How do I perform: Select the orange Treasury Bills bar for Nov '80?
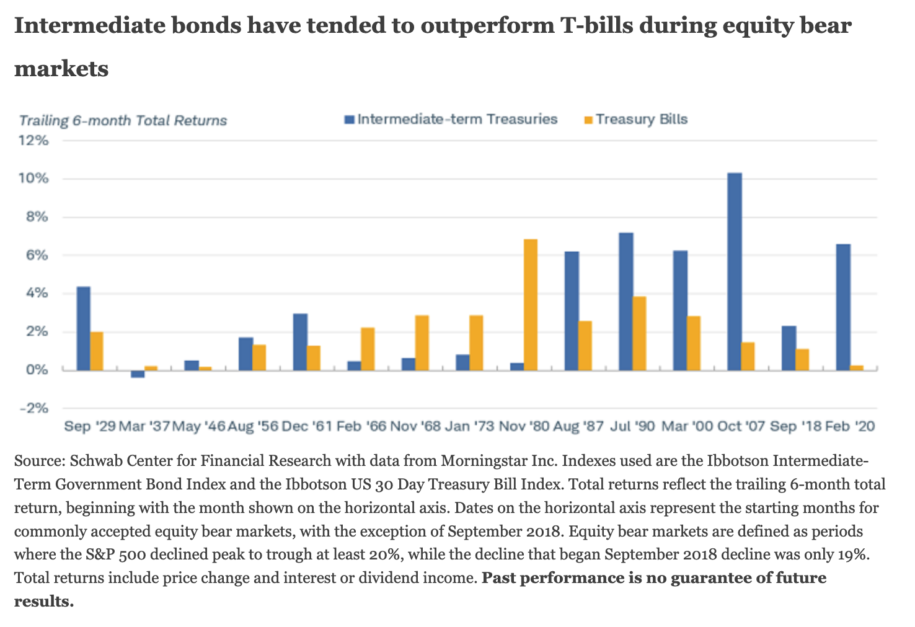531,305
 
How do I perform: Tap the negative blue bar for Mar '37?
138,374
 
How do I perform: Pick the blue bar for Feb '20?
843,307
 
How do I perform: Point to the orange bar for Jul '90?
639,333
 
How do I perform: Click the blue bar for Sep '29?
83,328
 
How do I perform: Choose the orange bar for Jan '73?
476,343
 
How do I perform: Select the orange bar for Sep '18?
802,359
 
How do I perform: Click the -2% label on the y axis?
34,408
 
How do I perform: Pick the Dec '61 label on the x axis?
307,427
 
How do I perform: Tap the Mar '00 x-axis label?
687,427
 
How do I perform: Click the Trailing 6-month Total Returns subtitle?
123,120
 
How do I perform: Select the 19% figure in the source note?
851,555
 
